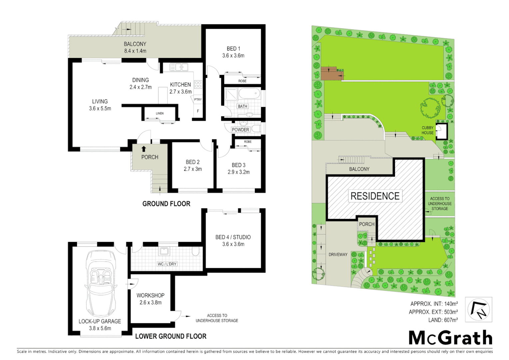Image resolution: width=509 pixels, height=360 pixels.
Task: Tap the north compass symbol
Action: click(x=478, y=310)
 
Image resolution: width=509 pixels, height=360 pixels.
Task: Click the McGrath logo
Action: click(x=450, y=338)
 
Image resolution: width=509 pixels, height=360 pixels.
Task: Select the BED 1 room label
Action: click(x=234, y=49)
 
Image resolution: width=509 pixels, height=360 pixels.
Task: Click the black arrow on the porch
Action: click(x=144, y=149)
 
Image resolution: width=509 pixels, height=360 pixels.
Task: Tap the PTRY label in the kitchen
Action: click(x=198, y=99)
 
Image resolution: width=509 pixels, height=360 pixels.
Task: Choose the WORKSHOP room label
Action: click(x=150, y=295)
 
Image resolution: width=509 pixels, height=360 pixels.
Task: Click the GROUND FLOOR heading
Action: click(x=166, y=204)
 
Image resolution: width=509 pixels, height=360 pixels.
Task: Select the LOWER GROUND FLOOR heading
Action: click(x=171, y=336)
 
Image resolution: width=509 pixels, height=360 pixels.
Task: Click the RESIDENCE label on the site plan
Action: click(x=375, y=196)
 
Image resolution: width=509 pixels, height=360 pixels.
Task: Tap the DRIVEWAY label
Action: click(x=338, y=254)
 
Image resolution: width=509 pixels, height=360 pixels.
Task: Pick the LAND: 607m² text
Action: click(x=443, y=320)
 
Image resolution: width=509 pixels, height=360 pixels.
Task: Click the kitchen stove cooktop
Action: click(x=198, y=84)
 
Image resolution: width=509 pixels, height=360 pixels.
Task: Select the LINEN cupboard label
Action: click(x=160, y=113)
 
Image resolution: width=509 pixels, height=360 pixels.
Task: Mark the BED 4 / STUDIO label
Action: click(x=233, y=237)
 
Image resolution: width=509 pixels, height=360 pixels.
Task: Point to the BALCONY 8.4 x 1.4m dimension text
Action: click(x=135, y=51)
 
